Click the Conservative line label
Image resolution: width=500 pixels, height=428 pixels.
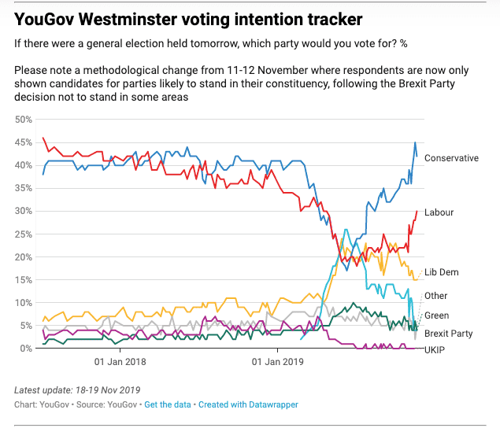[x=451, y=158]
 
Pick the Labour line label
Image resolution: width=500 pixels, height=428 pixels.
[x=439, y=212]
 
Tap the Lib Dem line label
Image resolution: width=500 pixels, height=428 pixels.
[x=441, y=272]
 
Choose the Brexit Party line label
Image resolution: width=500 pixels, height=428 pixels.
[x=448, y=334]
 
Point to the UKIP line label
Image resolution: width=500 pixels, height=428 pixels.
[x=435, y=349]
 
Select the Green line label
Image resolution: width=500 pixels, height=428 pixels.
[x=437, y=315]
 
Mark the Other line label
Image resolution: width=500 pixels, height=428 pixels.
[x=435, y=296]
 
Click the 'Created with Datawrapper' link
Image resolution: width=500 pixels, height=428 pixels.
[x=248, y=404]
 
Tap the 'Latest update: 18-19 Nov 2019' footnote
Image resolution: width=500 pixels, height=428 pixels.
[x=76, y=391]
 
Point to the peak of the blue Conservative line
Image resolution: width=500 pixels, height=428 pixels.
[x=415, y=142]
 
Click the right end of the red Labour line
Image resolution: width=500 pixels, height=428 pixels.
[x=417, y=211]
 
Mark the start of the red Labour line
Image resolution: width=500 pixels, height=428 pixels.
[x=43, y=138]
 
